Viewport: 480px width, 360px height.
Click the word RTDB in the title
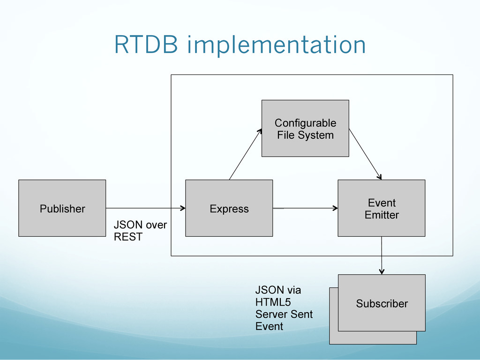[x=146, y=45]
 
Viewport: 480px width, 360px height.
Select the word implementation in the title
[x=277, y=46]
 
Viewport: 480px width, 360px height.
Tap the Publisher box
[x=62, y=208]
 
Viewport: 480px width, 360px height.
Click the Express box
[x=229, y=208]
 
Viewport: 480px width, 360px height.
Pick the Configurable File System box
[x=305, y=128]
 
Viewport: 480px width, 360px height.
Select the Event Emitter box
[x=382, y=208]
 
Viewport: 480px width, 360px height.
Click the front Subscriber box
[x=382, y=303]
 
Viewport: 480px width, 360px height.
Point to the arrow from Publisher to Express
[x=146, y=208]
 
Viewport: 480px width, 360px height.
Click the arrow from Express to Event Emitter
[x=305, y=208]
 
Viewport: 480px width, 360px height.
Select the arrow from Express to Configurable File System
[x=246, y=154]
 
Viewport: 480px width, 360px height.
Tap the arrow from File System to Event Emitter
[x=365, y=154]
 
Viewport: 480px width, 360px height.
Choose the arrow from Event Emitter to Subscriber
[x=382, y=255]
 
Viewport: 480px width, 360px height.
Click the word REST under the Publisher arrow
[x=128, y=237]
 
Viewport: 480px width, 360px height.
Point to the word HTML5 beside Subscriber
[x=273, y=302]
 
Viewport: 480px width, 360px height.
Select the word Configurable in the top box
[x=305, y=123]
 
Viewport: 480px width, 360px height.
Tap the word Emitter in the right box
[x=382, y=215]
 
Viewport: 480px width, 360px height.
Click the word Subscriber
[x=382, y=303]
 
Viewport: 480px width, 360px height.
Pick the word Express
[x=229, y=209]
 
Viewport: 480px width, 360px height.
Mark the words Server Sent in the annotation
[x=284, y=314]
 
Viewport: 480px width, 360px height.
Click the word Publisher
[x=62, y=209]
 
